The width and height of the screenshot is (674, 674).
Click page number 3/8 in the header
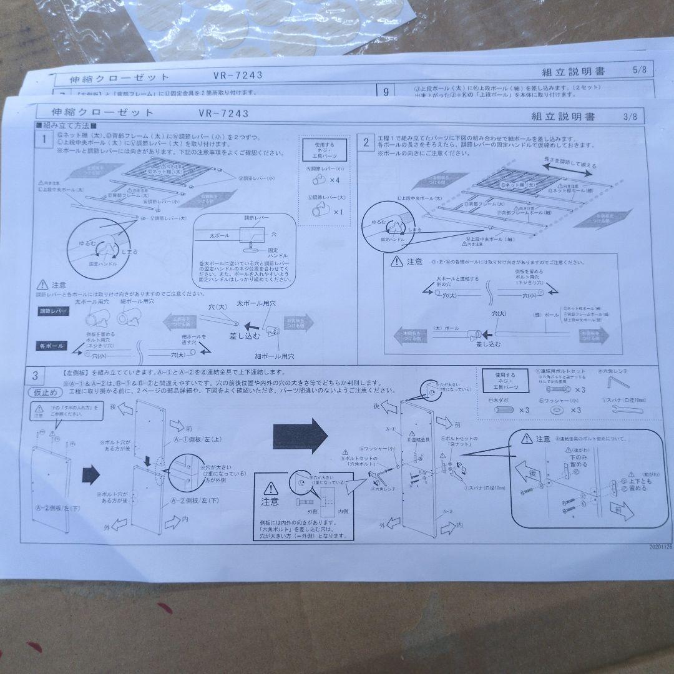click(x=630, y=117)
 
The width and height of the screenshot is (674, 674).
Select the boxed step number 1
click(x=44, y=140)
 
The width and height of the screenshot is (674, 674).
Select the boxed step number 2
click(x=366, y=142)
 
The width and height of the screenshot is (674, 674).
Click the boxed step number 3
click(x=35, y=375)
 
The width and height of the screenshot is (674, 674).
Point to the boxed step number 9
click(x=386, y=92)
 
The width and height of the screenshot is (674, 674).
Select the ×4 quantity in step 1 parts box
click(x=335, y=180)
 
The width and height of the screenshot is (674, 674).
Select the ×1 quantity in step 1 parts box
click(x=338, y=212)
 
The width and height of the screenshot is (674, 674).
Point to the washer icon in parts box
click(x=556, y=410)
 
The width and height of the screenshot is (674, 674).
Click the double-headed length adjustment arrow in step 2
click(x=570, y=167)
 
